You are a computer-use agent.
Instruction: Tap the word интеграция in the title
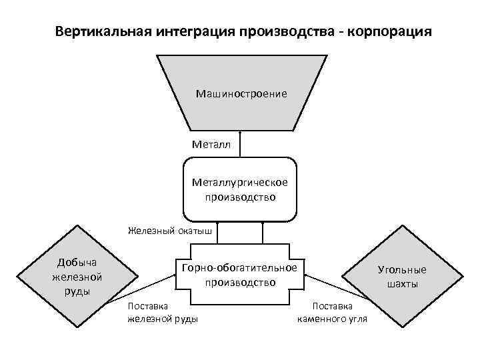192,31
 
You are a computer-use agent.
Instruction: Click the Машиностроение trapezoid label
241,93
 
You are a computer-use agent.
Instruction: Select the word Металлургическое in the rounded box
240,182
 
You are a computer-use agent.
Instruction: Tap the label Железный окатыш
170,231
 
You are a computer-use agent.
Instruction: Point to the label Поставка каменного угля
331,312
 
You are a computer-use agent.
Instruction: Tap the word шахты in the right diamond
402,284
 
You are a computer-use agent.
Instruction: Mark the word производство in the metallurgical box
240,197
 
